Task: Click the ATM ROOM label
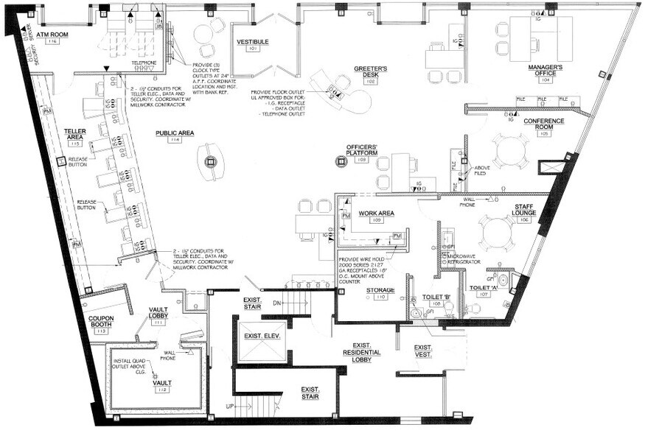52,35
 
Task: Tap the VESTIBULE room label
252,43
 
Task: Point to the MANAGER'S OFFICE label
545,70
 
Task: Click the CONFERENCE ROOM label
544,123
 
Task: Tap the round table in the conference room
510,152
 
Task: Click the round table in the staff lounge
492,233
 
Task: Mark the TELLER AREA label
77,133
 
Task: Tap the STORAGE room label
381,290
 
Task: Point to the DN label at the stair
276,303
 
